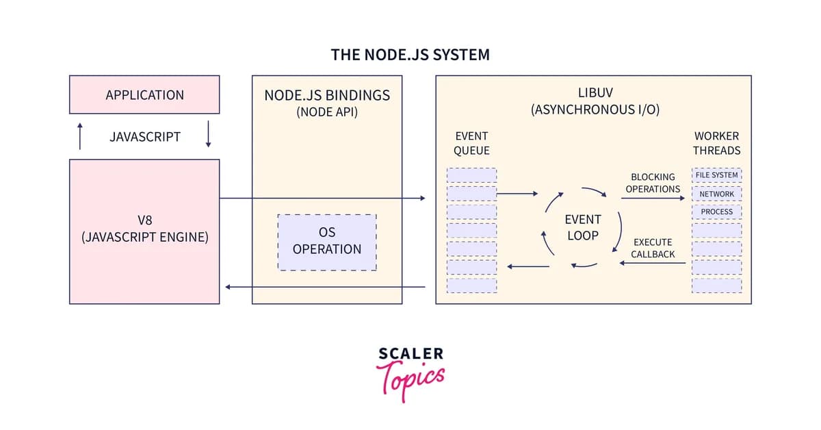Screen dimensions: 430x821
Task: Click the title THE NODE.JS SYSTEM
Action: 410,55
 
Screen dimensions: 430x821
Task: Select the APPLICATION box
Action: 144,95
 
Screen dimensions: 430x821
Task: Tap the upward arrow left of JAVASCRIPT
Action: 80,136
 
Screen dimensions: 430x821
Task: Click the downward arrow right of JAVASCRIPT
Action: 209,136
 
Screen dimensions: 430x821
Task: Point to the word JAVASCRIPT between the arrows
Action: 144,136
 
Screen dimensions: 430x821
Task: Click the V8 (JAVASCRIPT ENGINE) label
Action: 144,229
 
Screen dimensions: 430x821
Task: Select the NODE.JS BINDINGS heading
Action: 327,95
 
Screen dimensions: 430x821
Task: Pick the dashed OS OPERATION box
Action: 327,242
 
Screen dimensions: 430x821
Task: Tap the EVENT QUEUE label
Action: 471,143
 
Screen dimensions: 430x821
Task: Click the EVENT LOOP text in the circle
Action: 582,227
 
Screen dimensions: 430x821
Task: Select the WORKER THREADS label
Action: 716,143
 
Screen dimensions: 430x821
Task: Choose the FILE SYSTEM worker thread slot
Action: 716,175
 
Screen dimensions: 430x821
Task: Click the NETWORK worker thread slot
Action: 716,194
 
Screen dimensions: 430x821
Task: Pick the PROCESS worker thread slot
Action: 716,212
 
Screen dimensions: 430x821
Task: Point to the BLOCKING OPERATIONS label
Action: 653,183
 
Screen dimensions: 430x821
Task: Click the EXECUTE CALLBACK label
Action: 653,248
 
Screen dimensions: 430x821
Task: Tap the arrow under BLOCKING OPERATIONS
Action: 653,199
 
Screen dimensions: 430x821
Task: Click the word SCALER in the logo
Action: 410,354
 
